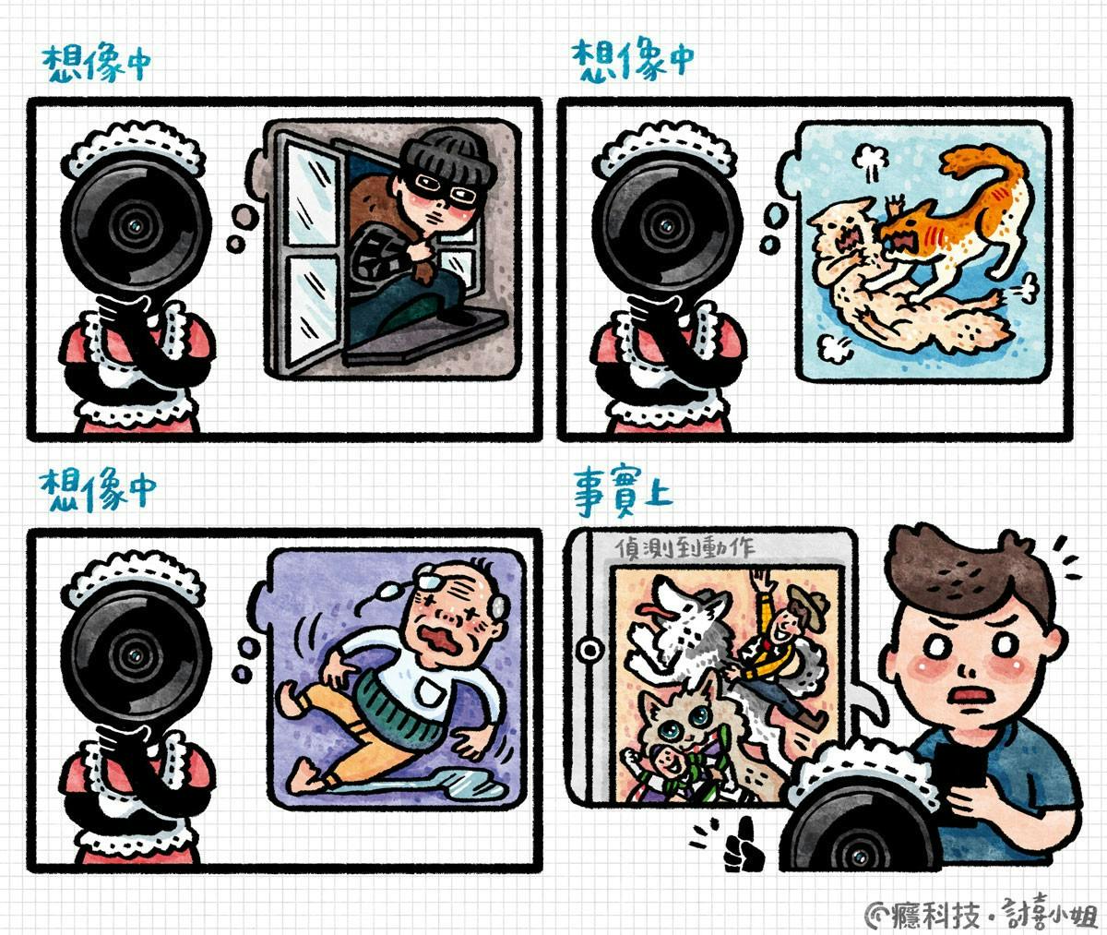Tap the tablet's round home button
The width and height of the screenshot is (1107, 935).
[x=589, y=650]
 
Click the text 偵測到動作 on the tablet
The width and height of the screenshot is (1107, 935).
[x=684, y=548]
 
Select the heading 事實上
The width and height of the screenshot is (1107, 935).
[x=623, y=491]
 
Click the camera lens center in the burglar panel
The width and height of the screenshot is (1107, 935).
[x=137, y=226]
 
